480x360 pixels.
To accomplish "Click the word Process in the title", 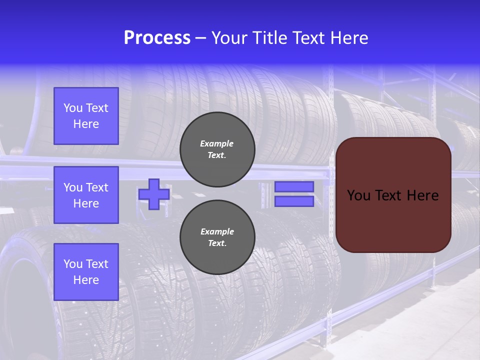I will [157, 38].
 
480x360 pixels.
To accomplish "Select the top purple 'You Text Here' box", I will [86, 116].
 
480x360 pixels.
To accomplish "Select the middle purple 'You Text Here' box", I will [86, 195].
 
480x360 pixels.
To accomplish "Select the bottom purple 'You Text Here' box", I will [86, 271].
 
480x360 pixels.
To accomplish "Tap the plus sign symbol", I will [154, 194].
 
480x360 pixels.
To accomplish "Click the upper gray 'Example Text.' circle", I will [217, 149].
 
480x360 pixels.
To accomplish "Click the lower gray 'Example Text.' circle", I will [217, 237].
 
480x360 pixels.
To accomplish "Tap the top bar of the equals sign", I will [294, 186].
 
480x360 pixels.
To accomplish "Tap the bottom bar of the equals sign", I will [294, 201].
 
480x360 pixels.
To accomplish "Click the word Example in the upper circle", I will [217, 143].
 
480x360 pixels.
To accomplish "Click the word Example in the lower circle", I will [217, 231].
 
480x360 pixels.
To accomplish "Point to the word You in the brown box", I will [358, 195].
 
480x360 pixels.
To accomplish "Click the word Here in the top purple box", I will [86, 124].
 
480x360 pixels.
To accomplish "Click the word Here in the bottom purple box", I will [86, 280].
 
